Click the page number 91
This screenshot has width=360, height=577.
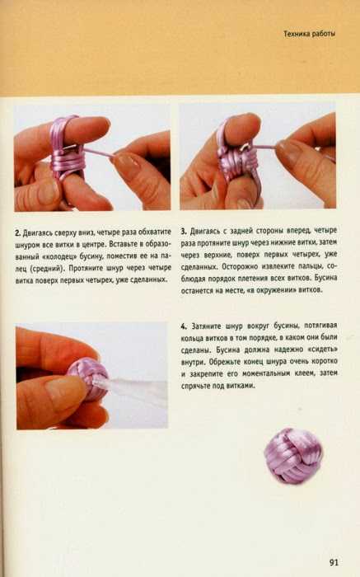pos(334,562)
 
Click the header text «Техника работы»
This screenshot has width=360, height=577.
pos(309,34)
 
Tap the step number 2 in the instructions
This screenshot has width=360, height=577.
pos(17,233)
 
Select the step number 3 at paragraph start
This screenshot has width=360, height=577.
pos(184,232)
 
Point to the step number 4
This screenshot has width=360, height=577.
pos(184,326)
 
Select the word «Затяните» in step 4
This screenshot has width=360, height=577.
pos(207,326)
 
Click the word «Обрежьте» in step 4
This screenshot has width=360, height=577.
pos(224,362)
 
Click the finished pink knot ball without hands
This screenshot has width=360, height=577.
pos(293,455)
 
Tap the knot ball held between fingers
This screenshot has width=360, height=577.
pos(88,380)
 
